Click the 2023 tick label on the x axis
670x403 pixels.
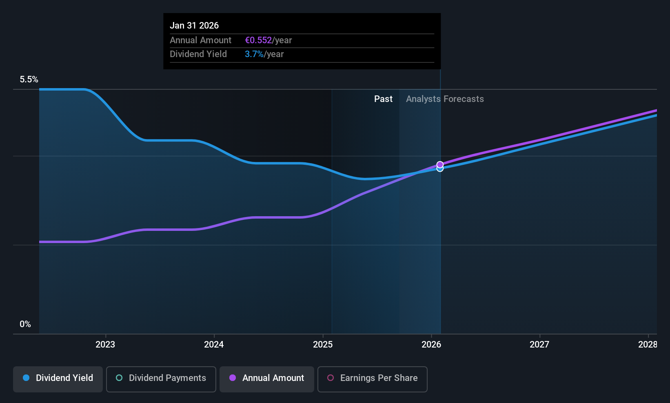(x=105, y=345)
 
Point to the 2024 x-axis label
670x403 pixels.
(x=214, y=345)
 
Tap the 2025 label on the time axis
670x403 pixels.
(x=323, y=345)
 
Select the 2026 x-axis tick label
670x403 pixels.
(x=431, y=345)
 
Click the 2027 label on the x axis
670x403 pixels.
(x=539, y=345)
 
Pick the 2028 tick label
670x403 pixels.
(x=648, y=345)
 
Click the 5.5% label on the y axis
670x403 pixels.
(x=29, y=80)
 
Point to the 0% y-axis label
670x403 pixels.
(x=25, y=324)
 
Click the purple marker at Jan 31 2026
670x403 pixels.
(x=440, y=165)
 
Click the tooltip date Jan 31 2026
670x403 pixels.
(x=194, y=26)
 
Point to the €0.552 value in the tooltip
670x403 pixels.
(x=258, y=40)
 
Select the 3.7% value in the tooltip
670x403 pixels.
(x=254, y=54)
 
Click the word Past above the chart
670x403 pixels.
(x=383, y=99)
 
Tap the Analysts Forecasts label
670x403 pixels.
(x=445, y=99)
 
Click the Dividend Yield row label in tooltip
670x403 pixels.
(x=198, y=54)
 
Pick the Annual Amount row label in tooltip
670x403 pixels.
(x=201, y=40)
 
